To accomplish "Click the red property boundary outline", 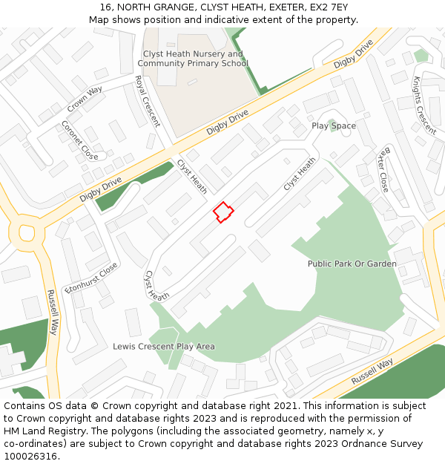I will (x=223, y=212).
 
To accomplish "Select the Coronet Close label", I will (x=79, y=140).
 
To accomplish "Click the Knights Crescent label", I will (x=424, y=105).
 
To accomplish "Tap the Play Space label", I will (x=334, y=125).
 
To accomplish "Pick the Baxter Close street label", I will (x=382, y=169).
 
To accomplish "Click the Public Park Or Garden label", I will (x=352, y=264).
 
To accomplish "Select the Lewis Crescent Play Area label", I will (x=164, y=346).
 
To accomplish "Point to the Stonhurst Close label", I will (x=92, y=277).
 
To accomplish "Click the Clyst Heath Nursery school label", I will (x=193, y=59).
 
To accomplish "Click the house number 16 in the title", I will (x=105, y=7).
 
